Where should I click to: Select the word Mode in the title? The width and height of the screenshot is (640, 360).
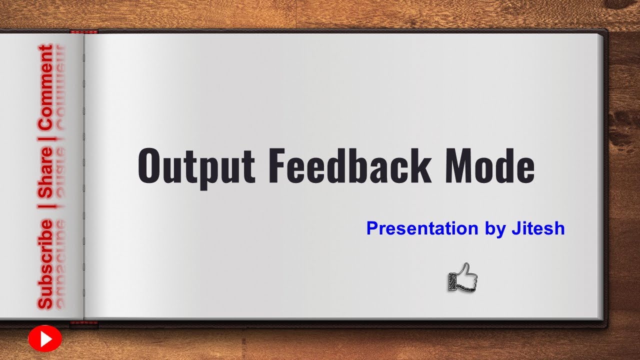pyautogui.click(x=489, y=165)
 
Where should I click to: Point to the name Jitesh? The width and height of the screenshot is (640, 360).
pyautogui.click(x=537, y=228)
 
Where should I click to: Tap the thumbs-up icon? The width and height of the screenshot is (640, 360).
pyautogui.click(x=463, y=278)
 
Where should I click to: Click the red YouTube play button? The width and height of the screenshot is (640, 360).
pyautogui.click(x=45, y=339)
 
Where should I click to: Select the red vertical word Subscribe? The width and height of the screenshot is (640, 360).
pyautogui.click(x=46, y=263)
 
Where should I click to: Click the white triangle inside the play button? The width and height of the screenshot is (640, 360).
pyautogui.click(x=46, y=339)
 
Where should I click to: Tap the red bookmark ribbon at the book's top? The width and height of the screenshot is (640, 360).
pyautogui.click(x=83, y=32)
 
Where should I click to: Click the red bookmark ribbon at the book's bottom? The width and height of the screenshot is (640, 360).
pyautogui.click(x=83, y=323)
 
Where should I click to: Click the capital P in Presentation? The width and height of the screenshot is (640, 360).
pyautogui.click(x=372, y=228)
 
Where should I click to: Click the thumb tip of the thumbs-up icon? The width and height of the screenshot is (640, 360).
pyautogui.click(x=467, y=265)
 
